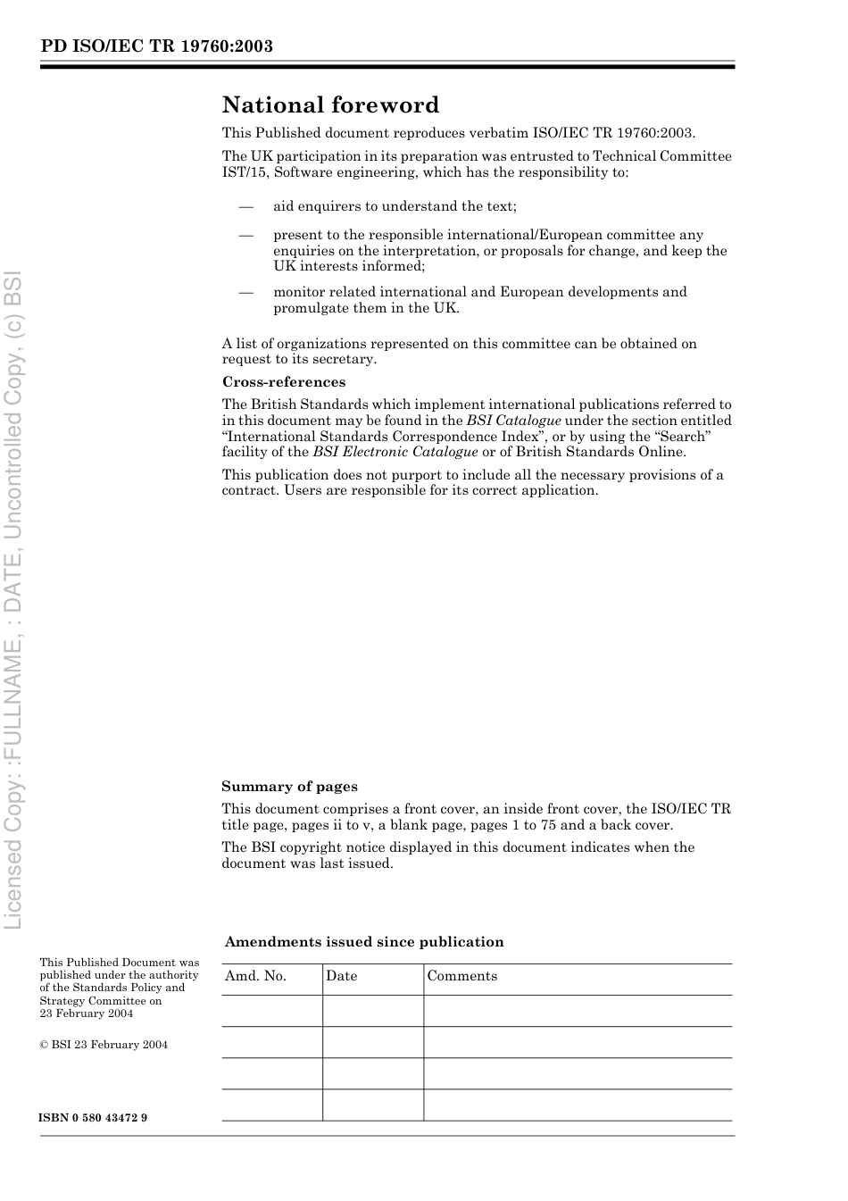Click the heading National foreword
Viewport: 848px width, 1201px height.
click(330, 105)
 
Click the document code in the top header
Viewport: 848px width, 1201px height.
click(156, 46)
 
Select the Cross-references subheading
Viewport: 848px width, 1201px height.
click(283, 382)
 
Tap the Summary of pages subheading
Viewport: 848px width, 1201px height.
click(289, 787)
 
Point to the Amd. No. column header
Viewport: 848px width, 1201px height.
click(255, 976)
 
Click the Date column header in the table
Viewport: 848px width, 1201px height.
click(341, 976)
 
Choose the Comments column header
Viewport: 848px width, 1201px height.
click(461, 976)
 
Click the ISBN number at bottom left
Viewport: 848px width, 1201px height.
click(93, 1118)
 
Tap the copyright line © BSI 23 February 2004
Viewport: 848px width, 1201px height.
click(104, 1045)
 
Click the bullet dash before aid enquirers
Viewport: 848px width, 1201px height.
click(246, 206)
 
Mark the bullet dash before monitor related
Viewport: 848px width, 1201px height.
click(246, 292)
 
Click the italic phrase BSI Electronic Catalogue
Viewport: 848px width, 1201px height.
click(395, 452)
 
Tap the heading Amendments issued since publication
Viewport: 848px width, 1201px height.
click(364, 942)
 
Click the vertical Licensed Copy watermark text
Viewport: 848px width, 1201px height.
click(14, 598)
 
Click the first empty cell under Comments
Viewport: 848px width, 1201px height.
click(577, 1011)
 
